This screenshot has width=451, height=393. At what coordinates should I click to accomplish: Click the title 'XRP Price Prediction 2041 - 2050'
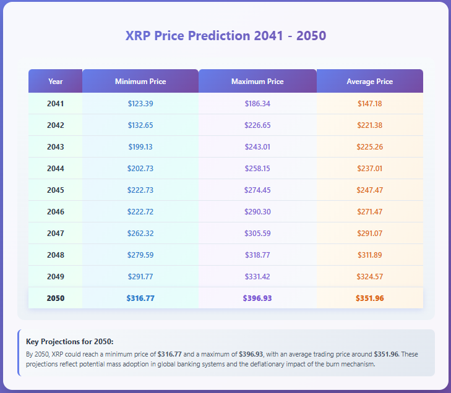(x=225, y=35)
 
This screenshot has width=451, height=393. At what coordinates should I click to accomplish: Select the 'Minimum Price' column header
(x=140, y=82)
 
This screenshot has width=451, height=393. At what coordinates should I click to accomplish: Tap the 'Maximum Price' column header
(x=257, y=82)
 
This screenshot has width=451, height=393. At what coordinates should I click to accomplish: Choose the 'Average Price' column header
(x=369, y=82)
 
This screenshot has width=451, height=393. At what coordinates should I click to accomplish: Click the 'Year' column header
(x=56, y=82)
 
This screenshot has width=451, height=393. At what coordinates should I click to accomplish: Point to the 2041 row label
(x=56, y=104)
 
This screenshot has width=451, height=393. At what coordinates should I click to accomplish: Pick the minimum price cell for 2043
(x=140, y=147)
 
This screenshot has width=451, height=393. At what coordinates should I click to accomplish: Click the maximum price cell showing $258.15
(x=257, y=169)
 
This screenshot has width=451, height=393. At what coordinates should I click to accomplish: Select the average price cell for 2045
(x=369, y=190)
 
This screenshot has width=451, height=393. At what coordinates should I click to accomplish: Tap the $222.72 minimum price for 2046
(x=140, y=212)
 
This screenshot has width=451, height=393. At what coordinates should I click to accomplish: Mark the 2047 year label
(x=56, y=234)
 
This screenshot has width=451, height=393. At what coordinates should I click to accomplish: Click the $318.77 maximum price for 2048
(x=257, y=255)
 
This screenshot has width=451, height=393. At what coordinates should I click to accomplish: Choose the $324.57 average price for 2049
(x=369, y=277)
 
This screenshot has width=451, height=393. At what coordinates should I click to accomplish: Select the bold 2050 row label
(x=56, y=298)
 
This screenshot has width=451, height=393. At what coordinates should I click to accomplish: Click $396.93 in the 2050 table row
(x=257, y=298)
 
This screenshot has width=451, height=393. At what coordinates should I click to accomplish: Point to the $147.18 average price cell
(x=369, y=104)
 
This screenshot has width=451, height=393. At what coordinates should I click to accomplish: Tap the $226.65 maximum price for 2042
(x=257, y=125)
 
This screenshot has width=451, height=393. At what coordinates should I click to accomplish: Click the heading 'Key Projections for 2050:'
(x=70, y=342)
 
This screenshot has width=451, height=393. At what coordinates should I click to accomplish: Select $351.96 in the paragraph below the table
(x=387, y=354)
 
